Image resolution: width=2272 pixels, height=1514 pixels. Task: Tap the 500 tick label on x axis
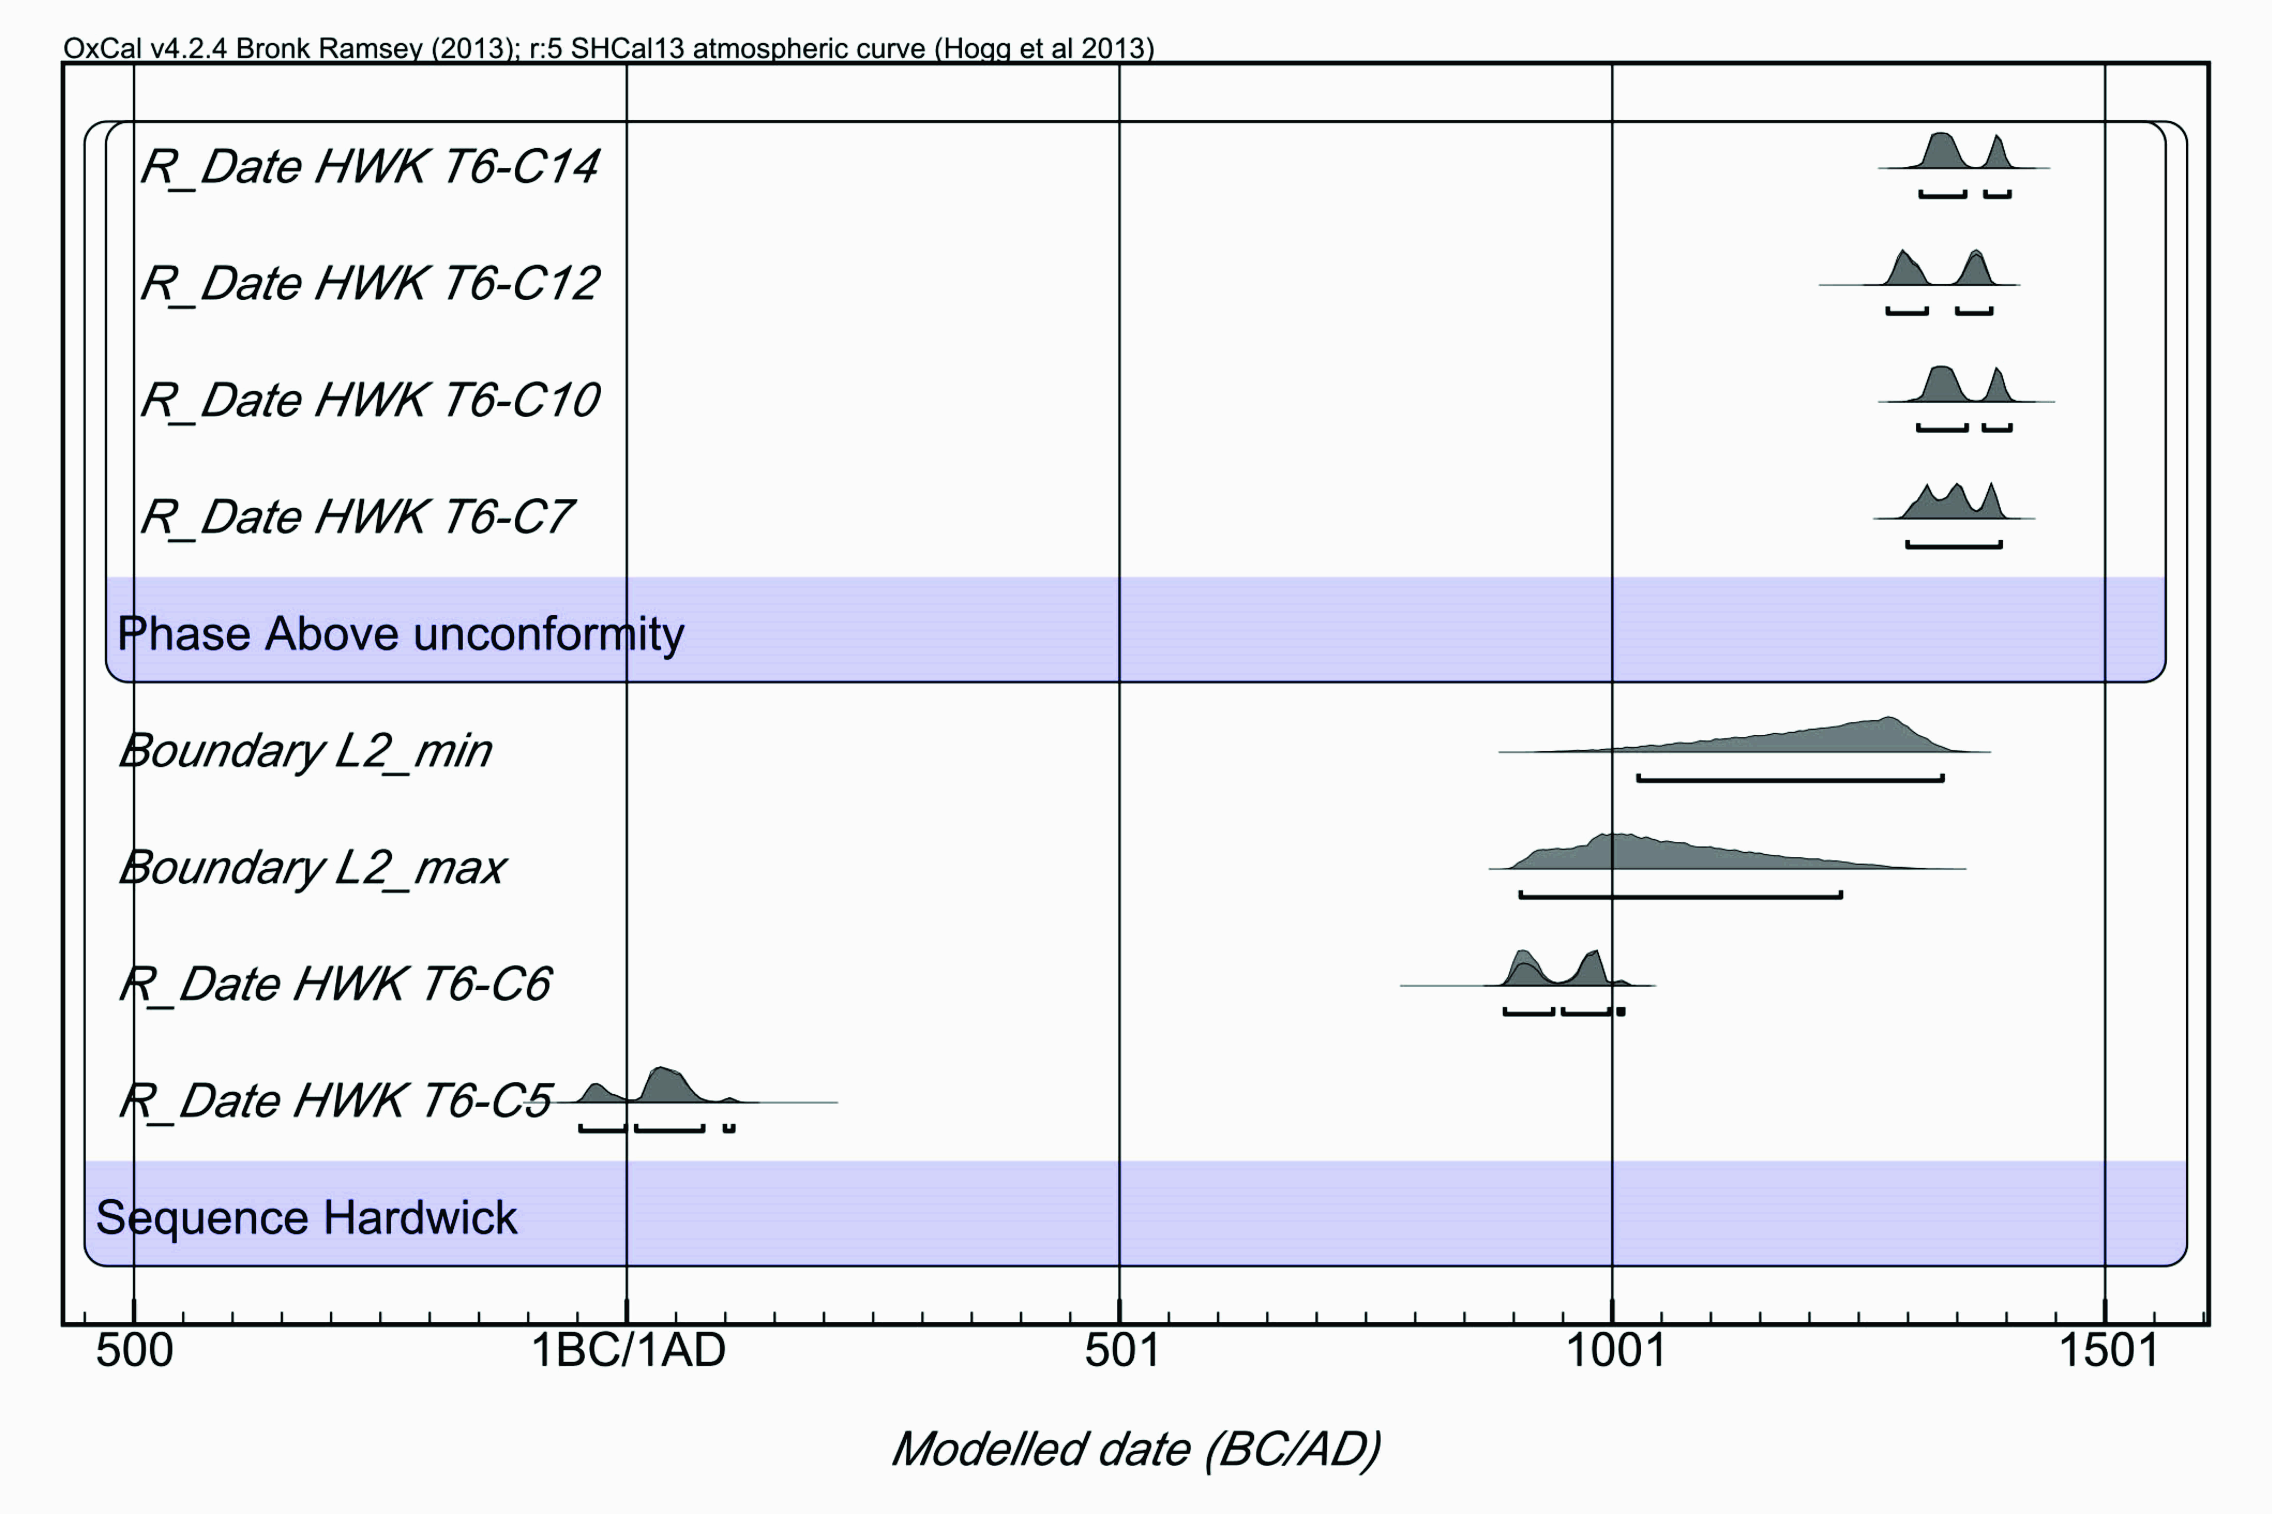pos(134,1350)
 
